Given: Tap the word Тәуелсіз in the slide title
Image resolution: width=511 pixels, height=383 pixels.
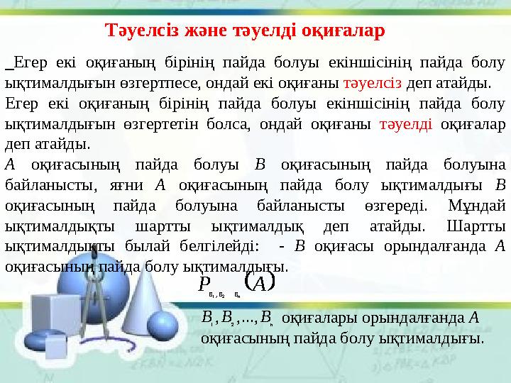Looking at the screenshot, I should tap(134, 31).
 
